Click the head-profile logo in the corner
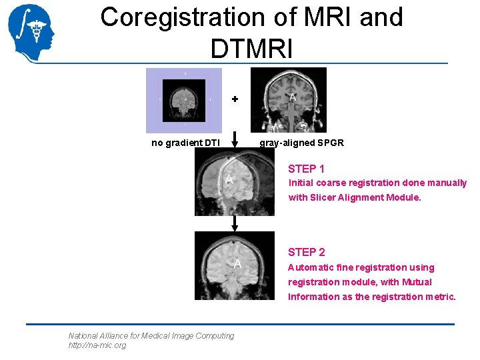[30, 33]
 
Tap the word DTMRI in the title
[251, 48]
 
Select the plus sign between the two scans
[234, 99]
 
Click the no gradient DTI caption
[185, 143]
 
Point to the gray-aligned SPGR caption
[301, 143]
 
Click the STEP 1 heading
[306, 169]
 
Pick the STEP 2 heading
[306, 252]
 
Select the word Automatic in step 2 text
[311, 267]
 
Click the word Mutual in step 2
[416, 282]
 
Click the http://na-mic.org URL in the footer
[97, 345]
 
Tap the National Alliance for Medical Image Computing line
[151, 336]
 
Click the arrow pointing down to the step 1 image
[234, 139]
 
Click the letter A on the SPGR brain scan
[292, 97]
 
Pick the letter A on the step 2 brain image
[237, 264]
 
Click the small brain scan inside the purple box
[185, 99]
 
